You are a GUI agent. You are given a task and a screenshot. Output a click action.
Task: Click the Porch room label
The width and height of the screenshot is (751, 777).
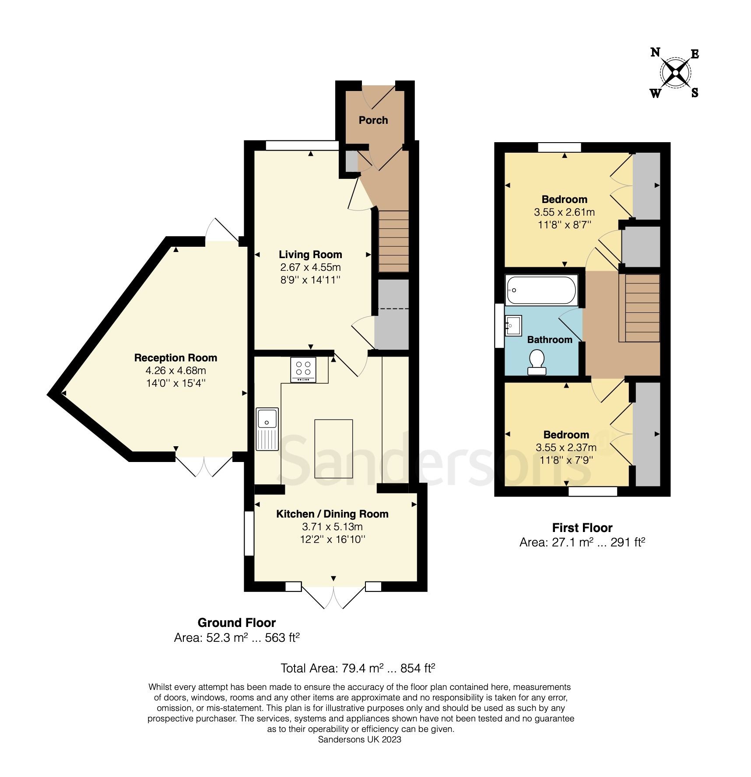click(373, 120)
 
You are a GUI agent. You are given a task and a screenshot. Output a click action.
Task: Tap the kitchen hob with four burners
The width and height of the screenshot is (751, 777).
click(303, 370)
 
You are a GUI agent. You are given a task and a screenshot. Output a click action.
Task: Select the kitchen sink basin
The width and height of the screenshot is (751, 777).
click(267, 418)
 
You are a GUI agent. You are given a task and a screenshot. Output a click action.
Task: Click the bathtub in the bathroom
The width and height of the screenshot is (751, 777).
click(541, 290)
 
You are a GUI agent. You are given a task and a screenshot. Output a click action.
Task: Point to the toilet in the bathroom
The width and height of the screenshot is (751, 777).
click(537, 363)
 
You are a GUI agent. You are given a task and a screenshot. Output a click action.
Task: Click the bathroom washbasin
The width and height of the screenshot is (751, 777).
click(513, 325)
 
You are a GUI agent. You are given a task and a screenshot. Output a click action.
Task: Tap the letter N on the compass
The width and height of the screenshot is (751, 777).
click(655, 52)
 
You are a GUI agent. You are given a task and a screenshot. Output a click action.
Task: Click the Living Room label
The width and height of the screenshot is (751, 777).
click(310, 255)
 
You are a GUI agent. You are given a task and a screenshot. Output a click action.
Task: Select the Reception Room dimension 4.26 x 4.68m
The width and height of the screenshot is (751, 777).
click(175, 371)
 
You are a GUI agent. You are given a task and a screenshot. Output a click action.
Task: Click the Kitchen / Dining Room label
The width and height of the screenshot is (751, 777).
click(332, 514)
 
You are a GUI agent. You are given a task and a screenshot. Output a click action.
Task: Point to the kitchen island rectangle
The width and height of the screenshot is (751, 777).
click(333, 448)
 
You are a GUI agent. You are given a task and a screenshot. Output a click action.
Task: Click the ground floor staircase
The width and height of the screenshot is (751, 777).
click(393, 241)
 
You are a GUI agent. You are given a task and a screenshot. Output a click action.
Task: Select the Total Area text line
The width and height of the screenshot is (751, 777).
click(358, 668)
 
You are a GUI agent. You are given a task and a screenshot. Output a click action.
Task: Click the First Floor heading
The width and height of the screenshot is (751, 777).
click(582, 528)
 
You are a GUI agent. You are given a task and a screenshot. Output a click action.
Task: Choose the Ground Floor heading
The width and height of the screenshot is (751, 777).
click(236, 623)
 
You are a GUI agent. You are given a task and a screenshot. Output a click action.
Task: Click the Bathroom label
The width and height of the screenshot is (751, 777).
click(549, 340)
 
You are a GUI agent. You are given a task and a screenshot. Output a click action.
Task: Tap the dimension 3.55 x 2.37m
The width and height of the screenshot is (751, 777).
click(566, 448)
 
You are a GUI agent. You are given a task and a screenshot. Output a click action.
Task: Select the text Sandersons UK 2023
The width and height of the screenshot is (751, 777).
click(359, 739)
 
